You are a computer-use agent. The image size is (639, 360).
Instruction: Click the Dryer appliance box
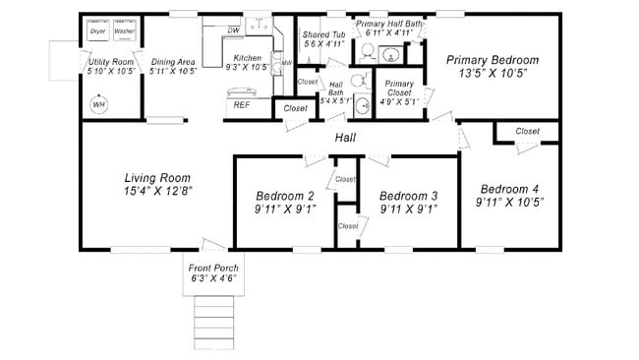tap(97, 31)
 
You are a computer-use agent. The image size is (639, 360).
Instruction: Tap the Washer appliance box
tap(124, 31)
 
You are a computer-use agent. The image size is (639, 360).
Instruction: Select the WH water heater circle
tap(99, 104)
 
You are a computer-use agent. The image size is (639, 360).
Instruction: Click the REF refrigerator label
tap(241, 104)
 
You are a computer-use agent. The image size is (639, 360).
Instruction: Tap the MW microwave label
tap(287, 63)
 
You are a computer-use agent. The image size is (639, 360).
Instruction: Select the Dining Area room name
tap(174, 61)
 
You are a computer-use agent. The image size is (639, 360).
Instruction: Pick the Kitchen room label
tap(247, 58)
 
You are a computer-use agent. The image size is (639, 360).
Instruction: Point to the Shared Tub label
tap(322, 34)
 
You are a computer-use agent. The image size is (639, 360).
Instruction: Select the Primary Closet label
tap(399, 84)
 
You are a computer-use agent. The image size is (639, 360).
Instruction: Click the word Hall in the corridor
tap(346, 138)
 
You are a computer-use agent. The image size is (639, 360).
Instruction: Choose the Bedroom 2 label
tap(284, 195)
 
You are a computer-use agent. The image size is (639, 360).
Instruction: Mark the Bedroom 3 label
tap(408, 195)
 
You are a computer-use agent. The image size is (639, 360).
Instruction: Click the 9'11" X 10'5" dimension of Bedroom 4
tap(509, 202)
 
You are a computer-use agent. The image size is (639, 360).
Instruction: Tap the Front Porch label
tap(214, 268)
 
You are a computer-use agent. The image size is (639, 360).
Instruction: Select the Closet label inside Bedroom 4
tap(527, 131)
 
